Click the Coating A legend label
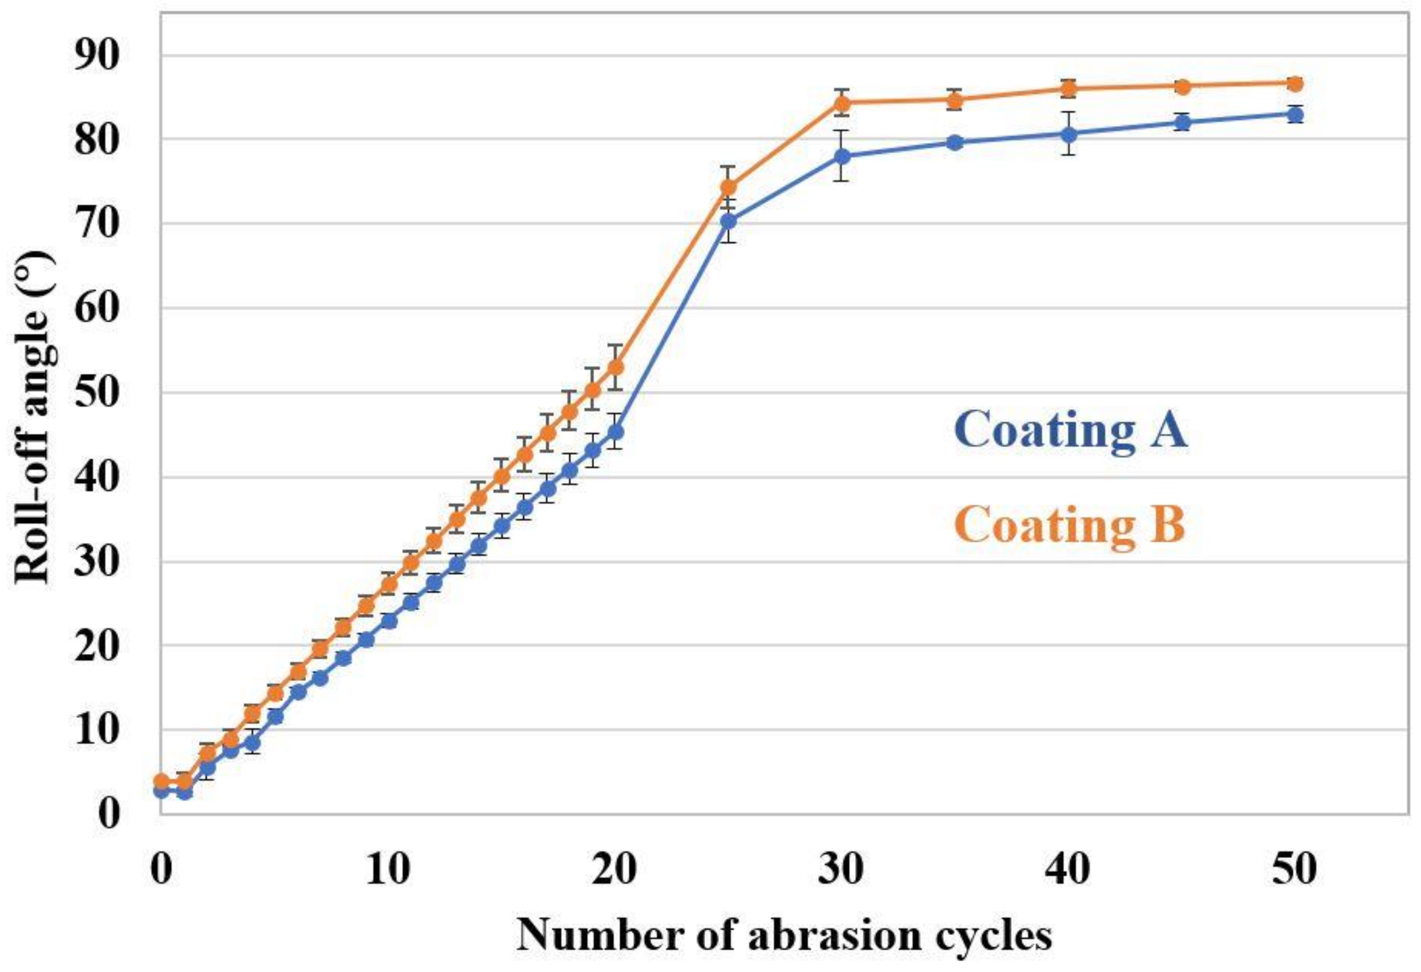[1070, 430]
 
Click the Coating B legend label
[1070, 524]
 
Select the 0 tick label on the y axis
[109, 814]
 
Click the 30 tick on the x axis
[842, 869]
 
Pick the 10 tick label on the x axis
[388, 869]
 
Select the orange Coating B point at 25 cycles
[729, 187]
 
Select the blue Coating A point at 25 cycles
[729, 221]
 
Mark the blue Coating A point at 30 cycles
[842, 156]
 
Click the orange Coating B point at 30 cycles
[842, 102]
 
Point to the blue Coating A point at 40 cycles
[1068, 133]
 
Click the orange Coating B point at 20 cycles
[616, 367]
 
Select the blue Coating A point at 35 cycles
[955, 142]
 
